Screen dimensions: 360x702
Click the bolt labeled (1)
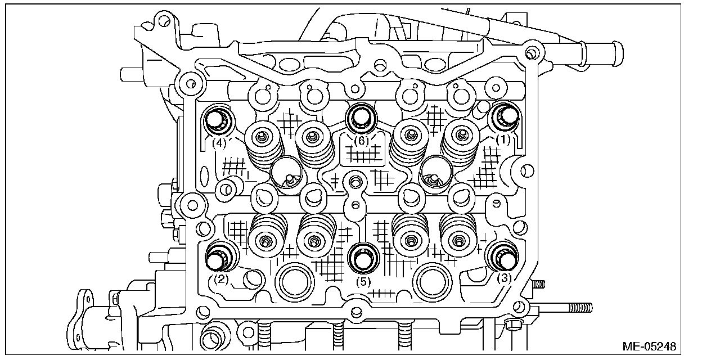click(503, 116)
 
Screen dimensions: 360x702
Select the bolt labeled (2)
click(217, 257)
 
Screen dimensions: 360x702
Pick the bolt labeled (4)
click(215, 119)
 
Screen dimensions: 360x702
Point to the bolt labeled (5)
click(361, 258)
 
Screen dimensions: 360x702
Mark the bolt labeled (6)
click(359, 116)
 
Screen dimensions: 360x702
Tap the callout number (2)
click(221, 278)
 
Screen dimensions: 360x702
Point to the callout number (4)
click(220, 143)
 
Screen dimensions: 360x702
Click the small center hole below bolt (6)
click(354, 182)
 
